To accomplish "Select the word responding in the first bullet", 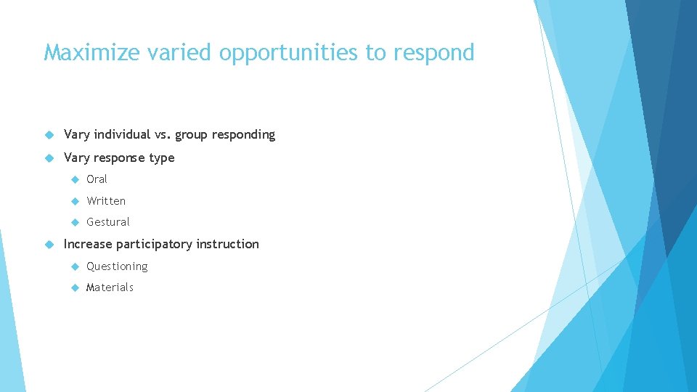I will coord(243,135).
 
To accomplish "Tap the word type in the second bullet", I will coord(161,158).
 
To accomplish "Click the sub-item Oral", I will coord(97,179).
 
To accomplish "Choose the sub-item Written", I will coord(106,201).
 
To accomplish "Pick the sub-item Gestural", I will coord(108,222).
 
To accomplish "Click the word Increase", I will coord(88,244).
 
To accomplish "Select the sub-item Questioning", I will coord(117,266).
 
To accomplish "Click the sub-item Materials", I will coord(110,287).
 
